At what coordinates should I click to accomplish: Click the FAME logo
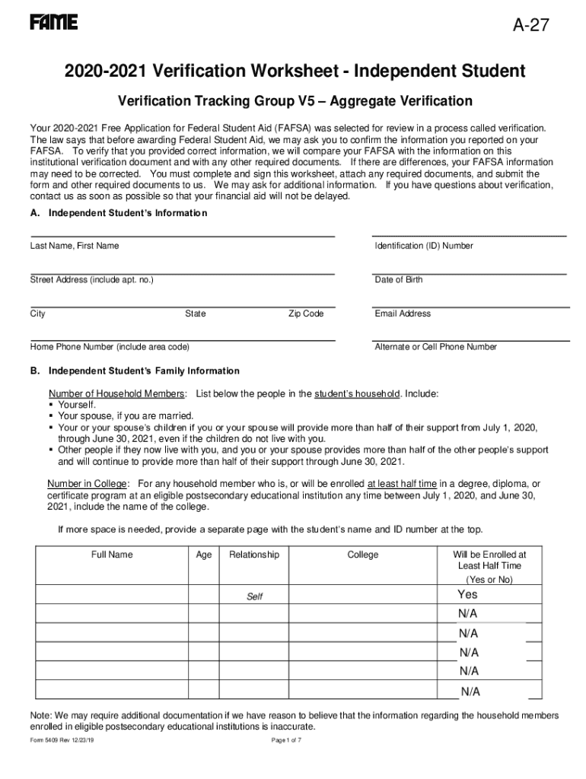[54, 23]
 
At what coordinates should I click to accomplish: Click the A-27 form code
[530, 27]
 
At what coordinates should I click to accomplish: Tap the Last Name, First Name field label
[75, 246]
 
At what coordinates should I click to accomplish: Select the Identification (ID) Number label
[424, 246]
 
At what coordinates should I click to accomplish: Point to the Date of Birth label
[399, 280]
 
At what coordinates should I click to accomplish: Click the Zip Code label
[306, 313]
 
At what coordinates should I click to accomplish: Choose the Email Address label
[403, 313]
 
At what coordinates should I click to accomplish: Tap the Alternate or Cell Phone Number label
[436, 347]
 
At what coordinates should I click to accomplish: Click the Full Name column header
[112, 555]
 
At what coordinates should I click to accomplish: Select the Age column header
[204, 555]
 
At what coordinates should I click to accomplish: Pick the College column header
[363, 555]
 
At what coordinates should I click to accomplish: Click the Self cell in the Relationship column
[254, 596]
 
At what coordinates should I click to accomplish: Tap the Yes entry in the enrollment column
[467, 594]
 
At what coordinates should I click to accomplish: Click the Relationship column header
[254, 555]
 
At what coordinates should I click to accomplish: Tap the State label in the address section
[195, 313]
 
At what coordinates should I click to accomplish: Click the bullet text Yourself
[77, 405]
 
